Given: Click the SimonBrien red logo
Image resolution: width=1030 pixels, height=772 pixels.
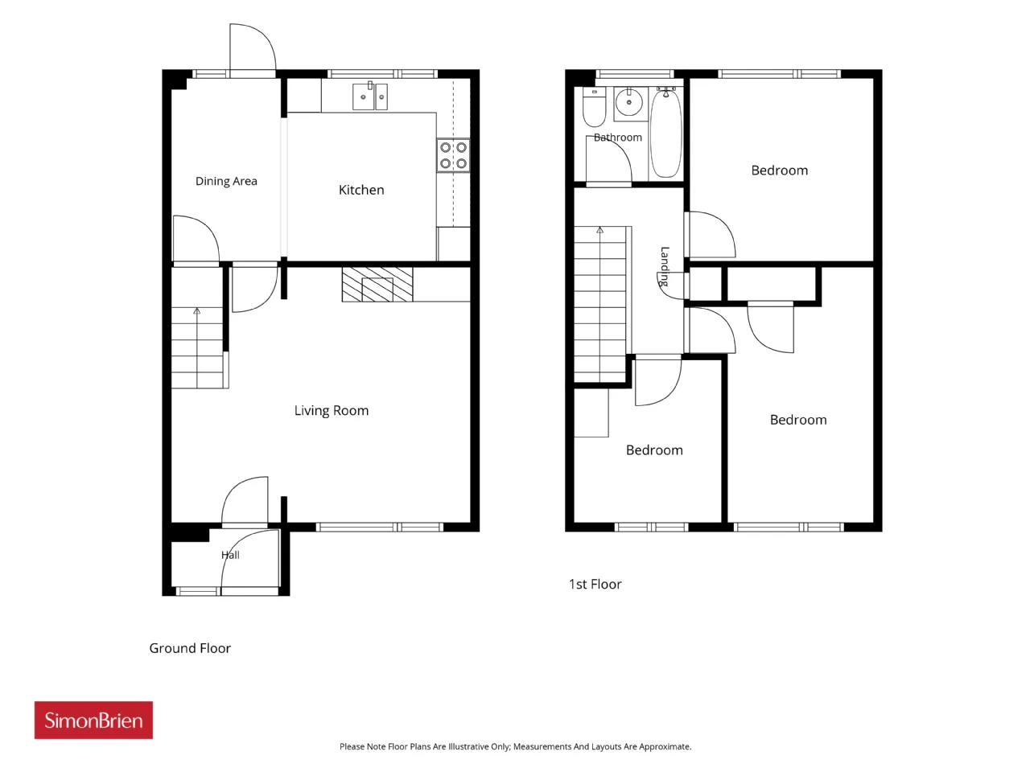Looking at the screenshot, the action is coord(93,720).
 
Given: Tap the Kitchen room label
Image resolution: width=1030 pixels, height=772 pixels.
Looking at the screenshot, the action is coord(361,190).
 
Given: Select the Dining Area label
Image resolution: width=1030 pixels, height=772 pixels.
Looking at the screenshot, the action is coord(226,181).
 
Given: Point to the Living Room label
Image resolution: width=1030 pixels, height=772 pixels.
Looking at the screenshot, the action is coord(332,411).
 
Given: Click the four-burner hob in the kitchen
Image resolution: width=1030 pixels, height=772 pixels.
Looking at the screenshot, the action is coord(453,155).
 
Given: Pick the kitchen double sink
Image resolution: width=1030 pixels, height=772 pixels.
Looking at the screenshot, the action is coord(370,96).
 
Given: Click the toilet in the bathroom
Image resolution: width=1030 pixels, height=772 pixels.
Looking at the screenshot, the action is coord(594,107).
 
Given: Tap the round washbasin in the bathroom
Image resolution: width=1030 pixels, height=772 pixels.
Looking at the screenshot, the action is coord(628,101).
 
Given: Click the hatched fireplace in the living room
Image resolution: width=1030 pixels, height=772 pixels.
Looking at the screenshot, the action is coord(377,285).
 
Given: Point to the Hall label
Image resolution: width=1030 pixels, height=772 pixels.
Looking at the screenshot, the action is coord(230,555).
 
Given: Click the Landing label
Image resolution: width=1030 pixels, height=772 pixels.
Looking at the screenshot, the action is coord(665,266).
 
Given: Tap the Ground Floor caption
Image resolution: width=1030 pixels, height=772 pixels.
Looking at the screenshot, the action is coord(190,648).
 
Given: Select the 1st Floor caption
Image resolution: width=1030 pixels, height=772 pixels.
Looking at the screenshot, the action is coord(595,584).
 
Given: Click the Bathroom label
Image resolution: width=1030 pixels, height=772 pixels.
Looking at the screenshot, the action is coord(617,138).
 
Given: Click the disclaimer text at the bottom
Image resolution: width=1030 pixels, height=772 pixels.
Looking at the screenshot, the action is coord(515,746).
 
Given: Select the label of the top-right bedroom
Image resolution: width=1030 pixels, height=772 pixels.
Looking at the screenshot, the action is coord(780,170).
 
